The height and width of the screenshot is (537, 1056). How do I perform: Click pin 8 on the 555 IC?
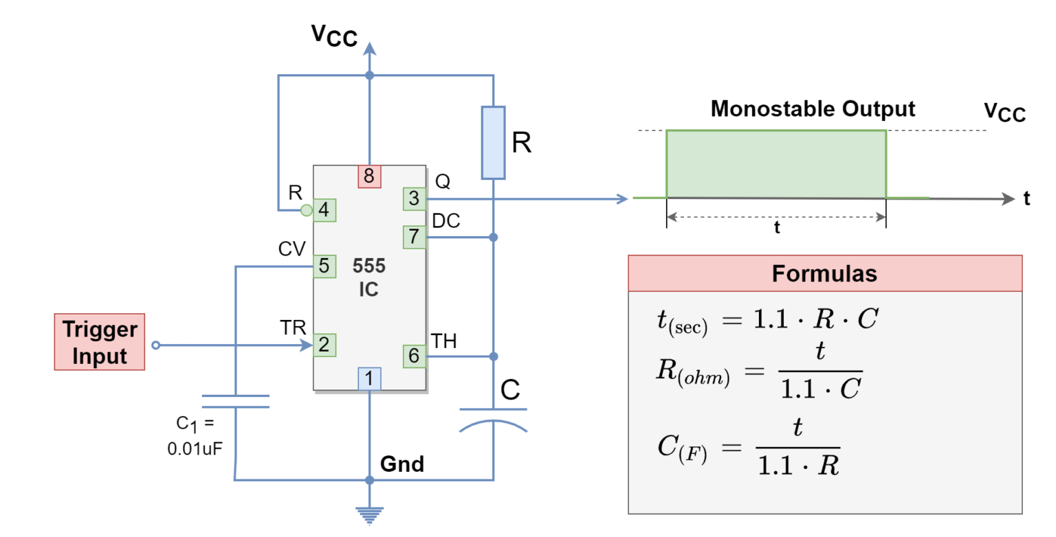click(369, 176)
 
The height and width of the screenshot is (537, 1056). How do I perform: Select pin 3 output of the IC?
click(414, 199)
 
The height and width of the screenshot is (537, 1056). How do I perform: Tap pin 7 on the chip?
click(414, 237)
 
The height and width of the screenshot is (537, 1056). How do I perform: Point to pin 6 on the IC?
click(414, 356)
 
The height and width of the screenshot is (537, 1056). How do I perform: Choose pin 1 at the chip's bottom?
click(369, 378)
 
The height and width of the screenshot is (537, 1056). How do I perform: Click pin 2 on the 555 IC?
click(324, 345)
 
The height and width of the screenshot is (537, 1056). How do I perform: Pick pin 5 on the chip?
click(324, 266)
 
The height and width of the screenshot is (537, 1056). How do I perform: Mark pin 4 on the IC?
click(324, 210)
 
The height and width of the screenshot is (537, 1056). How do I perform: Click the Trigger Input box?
click(100, 343)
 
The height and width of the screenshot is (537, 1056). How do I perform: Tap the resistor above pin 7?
click(493, 143)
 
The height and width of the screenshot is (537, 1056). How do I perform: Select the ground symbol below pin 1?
click(369, 515)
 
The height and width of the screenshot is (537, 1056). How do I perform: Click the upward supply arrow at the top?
click(369, 49)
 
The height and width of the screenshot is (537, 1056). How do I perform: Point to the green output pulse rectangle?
click(775, 164)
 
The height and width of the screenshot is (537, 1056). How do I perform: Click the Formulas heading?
click(824, 274)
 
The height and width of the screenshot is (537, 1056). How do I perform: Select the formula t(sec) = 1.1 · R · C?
click(767, 320)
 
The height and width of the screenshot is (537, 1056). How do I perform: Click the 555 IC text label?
click(369, 277)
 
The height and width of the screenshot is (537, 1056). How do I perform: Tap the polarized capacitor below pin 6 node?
click(493, 420)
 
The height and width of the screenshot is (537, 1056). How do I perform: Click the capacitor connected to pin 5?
click(235, 402)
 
